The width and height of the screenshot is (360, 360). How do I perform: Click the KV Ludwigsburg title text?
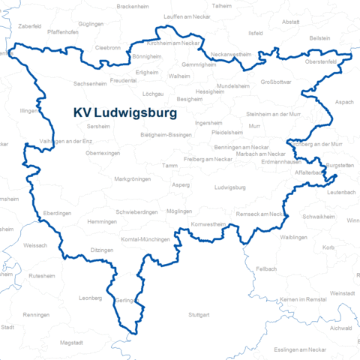click(x=125, y=113)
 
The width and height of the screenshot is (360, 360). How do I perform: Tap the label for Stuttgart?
click(x=199, y=313)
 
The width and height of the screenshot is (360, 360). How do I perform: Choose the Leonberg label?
click(x=89, y=298)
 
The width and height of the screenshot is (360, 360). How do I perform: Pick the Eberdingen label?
click(x=57, y=213)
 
